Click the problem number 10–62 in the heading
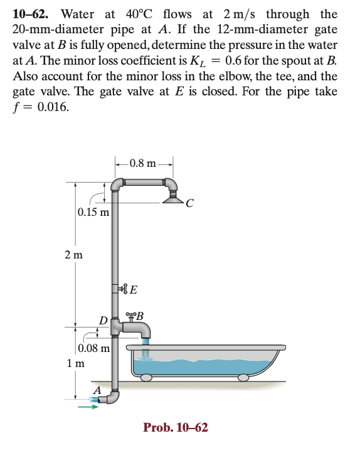(30, 14)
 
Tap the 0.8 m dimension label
(142, 164)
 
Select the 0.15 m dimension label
(93, 212)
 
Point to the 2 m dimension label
(73, 255)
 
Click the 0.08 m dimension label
(94, 348)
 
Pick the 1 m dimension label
(76, 363)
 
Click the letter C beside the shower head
(189, 203)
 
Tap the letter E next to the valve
(134, 289)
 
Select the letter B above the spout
(140, 316)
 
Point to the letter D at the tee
(103, 321)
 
